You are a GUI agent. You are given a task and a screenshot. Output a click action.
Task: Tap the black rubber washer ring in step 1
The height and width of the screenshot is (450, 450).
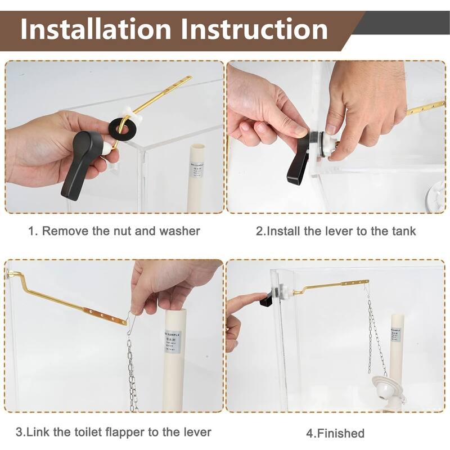pyautogui.click(x=123, y=125)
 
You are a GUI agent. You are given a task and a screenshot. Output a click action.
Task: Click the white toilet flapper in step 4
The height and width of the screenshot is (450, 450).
pyautogui.click(x=388, y=389)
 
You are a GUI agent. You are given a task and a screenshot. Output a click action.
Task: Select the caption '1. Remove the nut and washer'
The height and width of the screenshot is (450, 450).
pyautogui.click(x=114, y=231)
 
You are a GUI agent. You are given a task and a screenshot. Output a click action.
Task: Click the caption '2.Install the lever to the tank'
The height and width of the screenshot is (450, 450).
pyautogui.click(x=336, y=231)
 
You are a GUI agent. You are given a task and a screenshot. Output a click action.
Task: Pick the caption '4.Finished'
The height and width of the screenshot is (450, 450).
pyautogui.click(x=335, y=433)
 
